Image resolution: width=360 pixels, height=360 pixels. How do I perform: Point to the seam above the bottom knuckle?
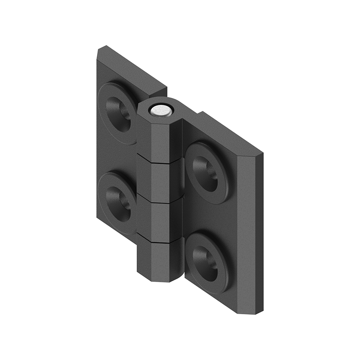coord(160,238)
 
